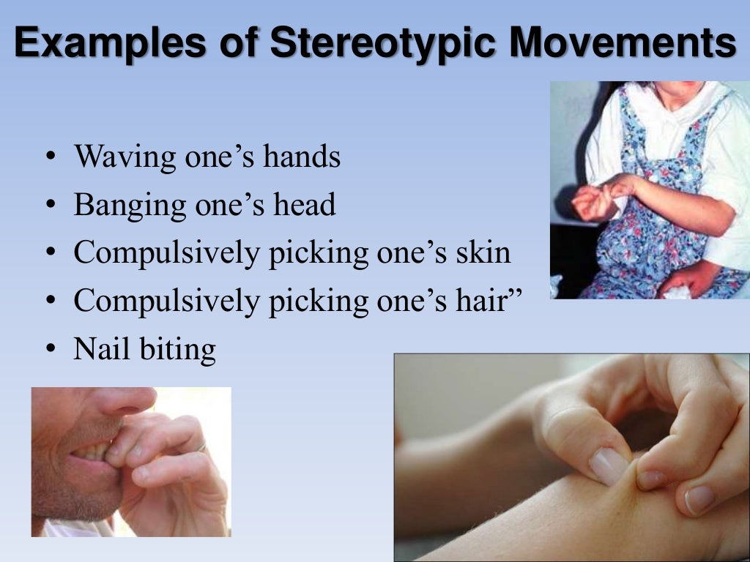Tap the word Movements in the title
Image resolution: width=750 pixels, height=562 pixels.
[x=623, y=43]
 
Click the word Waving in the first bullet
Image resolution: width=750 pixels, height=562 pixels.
[x=125, y=157]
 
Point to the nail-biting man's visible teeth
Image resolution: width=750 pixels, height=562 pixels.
[x=92, y=453]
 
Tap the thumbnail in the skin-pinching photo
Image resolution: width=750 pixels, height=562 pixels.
[x=609, y=465]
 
